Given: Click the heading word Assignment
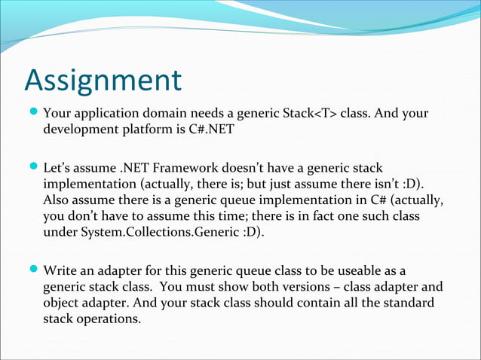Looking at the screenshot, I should click(103, 81).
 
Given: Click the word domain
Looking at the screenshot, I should click(158, 114).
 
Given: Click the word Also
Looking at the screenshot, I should click(57, 200).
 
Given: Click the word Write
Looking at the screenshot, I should click(60, 270).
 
